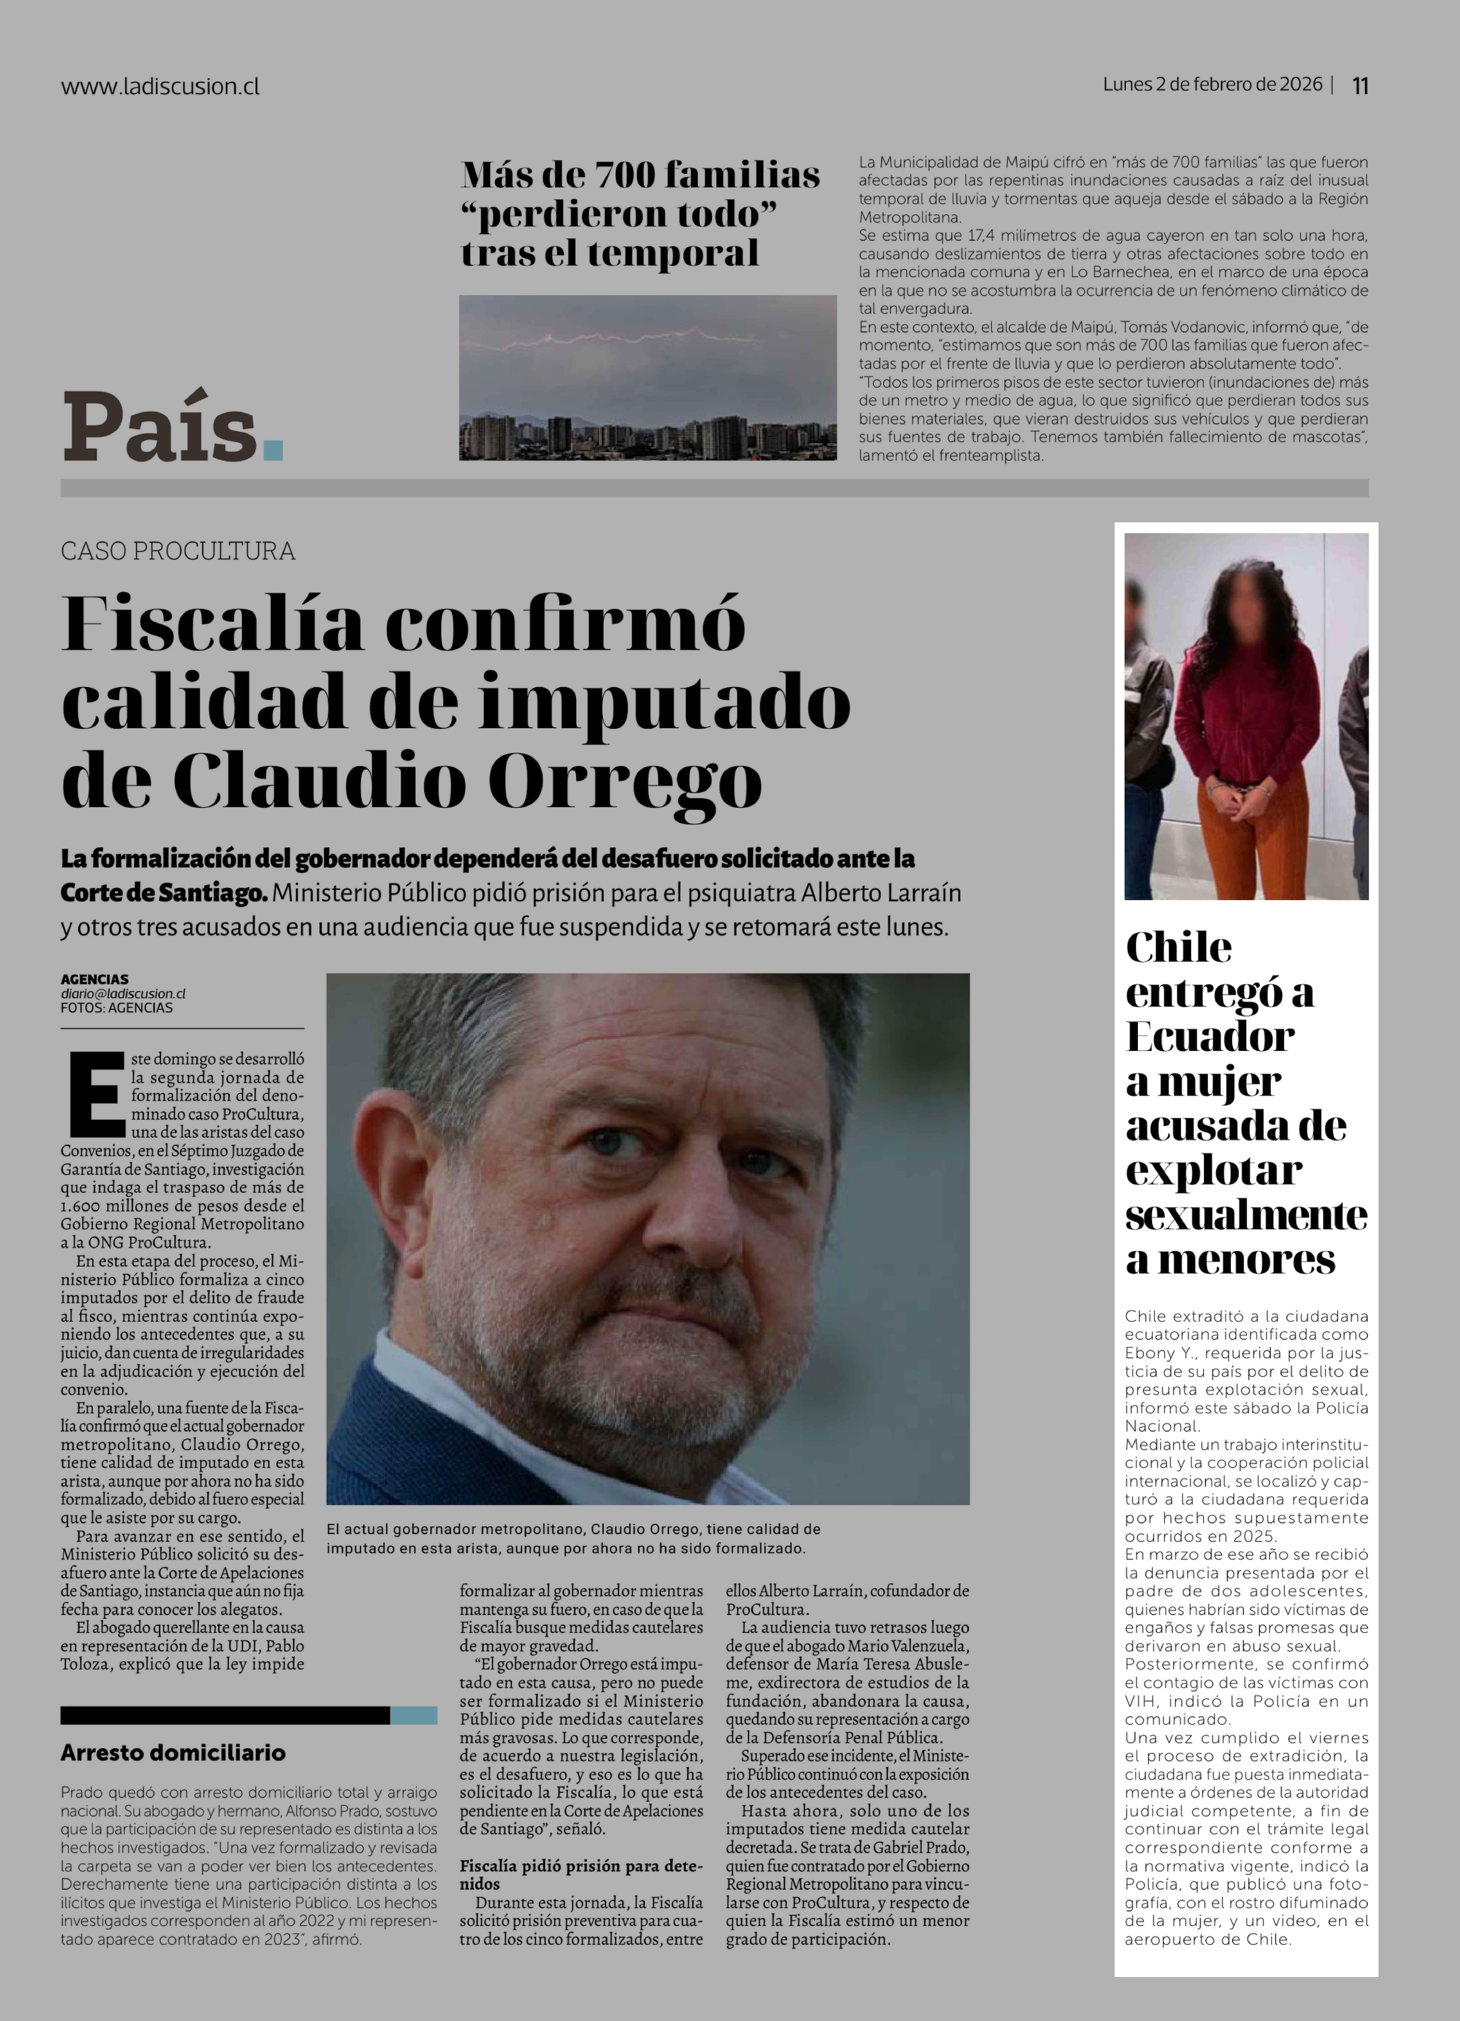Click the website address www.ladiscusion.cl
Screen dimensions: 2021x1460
coord(160,86)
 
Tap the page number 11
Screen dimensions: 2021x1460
coord(1360,86)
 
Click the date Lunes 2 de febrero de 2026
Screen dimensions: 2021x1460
coord(1212,85)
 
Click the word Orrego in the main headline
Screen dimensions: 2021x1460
coord(624,781)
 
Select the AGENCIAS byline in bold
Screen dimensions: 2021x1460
coord(94,978)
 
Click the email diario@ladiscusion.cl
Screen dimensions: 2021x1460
coord(123,994)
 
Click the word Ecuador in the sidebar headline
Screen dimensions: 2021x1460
coord(1209,1036)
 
